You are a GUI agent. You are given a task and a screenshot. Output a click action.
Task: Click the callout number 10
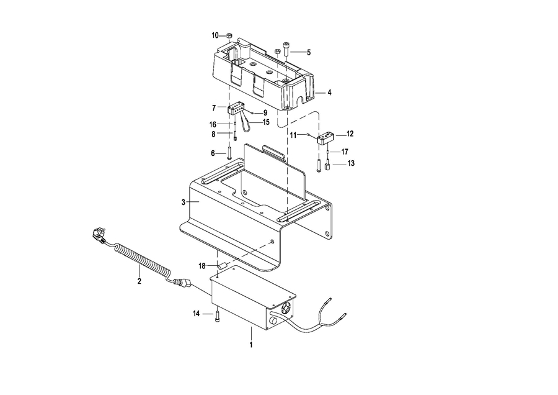click(215, 35)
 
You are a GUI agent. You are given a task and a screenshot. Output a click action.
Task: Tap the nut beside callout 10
click(229, 35)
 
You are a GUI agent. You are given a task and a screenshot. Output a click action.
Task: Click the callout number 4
click(330, 93)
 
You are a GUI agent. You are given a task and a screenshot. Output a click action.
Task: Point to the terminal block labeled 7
click(236, 109)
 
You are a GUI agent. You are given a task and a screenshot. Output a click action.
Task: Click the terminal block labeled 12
click(325, 138)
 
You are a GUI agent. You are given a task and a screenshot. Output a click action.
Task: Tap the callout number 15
click(266, 122)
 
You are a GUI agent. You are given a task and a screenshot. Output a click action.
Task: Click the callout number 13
click(351, 163)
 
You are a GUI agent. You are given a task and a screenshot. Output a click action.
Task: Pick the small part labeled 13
click(327, 166)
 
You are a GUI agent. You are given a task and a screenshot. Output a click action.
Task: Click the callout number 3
click(184, 202)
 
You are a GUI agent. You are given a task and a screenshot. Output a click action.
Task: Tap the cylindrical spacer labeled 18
click(223, 265)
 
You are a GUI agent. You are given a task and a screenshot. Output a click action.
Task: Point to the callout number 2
click(139, 281)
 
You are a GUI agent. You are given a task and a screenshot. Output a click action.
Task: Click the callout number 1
click(251, 345)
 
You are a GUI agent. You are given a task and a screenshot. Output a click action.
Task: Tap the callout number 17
click(345, 152)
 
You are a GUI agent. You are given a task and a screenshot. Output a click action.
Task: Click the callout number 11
click(293, 135)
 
